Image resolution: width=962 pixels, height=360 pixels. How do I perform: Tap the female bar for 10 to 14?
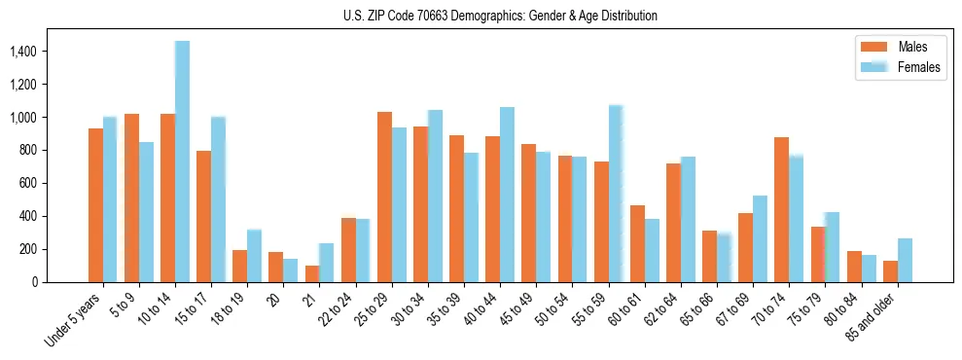point(182,162)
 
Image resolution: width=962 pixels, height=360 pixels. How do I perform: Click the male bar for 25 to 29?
point(384,197)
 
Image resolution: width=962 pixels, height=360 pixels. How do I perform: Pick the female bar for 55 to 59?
point(616,194)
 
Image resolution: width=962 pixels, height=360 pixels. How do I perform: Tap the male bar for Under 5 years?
point(95,205)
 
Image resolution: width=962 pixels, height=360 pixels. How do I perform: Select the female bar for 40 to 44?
point(507,195)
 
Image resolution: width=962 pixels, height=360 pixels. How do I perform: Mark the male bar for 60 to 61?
point(637,243)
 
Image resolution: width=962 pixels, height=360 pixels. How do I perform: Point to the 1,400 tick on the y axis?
point(53,51)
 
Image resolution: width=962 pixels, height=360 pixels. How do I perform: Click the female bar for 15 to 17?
point(218,199)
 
